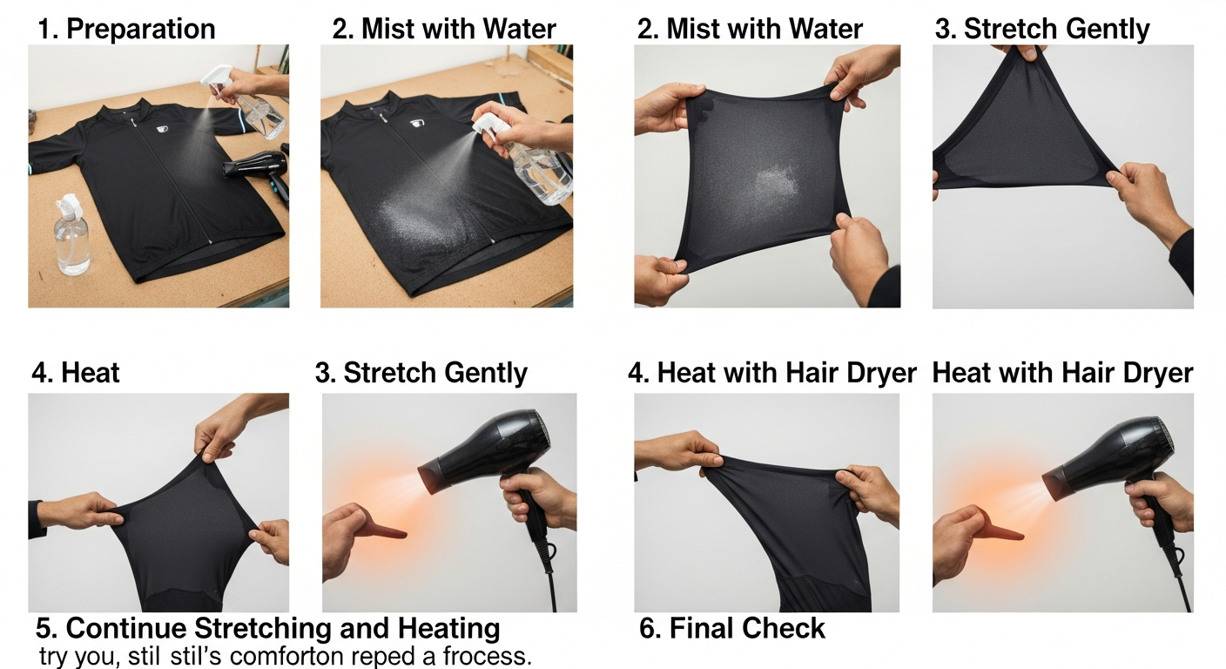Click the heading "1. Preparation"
point(126,29)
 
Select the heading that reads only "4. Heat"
point(76,373)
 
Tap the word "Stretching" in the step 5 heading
point(263,628)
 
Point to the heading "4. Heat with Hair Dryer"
point(771,373)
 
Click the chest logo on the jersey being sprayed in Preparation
point(162,129)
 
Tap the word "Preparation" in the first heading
point(141,29)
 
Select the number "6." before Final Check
point(650,628)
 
